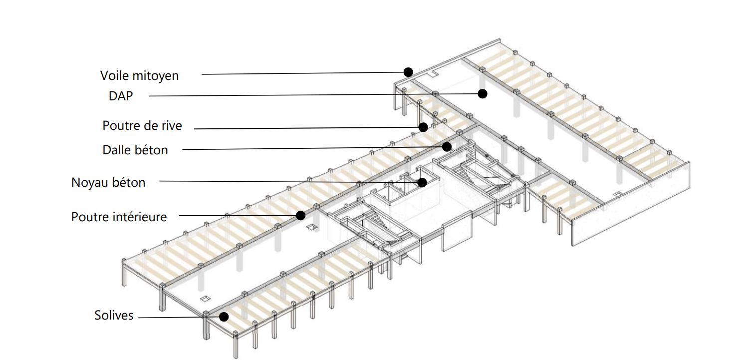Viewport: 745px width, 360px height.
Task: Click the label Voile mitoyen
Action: coord(139,76)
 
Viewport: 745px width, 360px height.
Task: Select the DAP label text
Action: coord(121,96)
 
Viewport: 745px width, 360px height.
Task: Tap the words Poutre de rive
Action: coord(142,126)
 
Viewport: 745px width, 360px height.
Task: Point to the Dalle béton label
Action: coord(135,150)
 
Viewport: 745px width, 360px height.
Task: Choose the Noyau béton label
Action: coord(108,183)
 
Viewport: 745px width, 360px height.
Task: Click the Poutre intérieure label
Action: coord(119,217)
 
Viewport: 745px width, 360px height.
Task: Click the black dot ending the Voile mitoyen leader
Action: coord(408,72)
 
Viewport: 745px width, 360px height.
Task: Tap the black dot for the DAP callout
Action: coord(483,94)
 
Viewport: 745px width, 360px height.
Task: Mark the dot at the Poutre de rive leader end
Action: coord(423,127)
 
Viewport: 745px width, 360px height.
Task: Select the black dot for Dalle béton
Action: coord(447,146)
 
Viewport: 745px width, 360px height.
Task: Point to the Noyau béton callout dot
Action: coord(422,182)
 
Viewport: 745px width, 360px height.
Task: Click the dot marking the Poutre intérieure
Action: coord(301,216)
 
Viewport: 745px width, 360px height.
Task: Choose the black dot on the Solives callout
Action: coord(224,317)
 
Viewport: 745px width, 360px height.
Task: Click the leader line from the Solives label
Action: coord(179,318)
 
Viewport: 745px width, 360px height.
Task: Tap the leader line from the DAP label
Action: coord(313,95)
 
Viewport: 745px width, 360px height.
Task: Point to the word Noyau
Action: coord(89,183)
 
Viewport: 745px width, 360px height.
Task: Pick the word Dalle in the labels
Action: coord(115,150)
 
